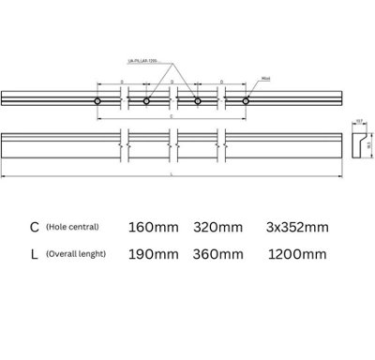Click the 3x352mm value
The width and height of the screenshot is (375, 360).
[296, 228]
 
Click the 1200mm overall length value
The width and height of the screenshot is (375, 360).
[292, 254]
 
